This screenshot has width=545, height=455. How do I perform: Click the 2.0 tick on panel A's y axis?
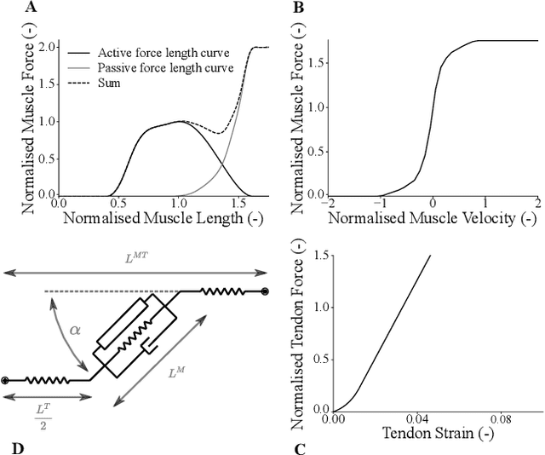pos(48,46)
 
